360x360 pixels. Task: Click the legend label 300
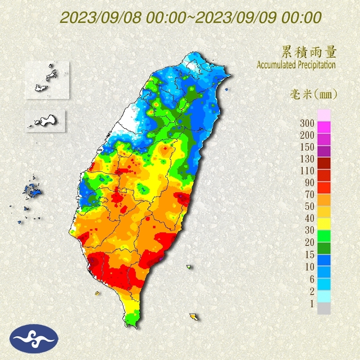(x=307, y=123)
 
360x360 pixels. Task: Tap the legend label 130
(x=307, y=159)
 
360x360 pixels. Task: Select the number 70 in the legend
(x=309, y=195)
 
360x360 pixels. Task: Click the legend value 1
(x=311, y=303)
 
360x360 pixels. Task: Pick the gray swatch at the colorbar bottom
(x=324, y=308)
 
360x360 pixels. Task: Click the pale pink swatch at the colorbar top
(x=324, y=115)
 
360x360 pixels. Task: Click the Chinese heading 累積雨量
(x=309, y=52)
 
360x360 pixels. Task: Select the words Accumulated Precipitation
(x=296, y=65)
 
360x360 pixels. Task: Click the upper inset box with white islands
(x=47, y=80)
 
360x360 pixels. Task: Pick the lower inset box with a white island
(x=45, y=121)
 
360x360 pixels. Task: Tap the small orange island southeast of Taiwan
(x=193, y=317)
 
